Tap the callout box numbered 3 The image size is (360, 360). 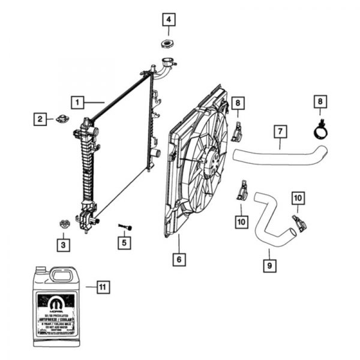(62, 244)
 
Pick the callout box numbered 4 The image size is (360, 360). (169, 20)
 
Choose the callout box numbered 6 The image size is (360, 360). (178, 260)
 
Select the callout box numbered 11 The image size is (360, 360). (103, 287)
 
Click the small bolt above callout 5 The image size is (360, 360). (126, 226)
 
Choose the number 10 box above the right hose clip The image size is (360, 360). (298, 197)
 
